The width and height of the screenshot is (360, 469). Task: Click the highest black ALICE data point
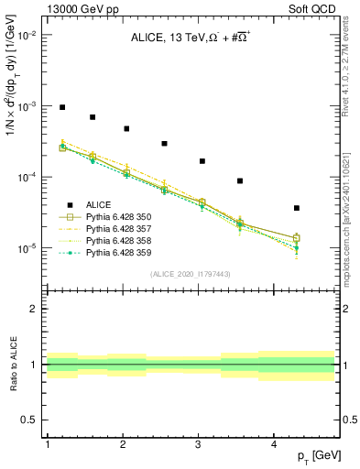(62, 107)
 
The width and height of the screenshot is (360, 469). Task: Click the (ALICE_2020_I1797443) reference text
(189, 274)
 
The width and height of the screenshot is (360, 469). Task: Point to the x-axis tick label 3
(199, 444)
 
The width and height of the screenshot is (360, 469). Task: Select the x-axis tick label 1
(47, 444)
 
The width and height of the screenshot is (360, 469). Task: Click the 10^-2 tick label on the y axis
(27, 35)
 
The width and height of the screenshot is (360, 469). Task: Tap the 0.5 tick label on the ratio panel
(29, 420)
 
